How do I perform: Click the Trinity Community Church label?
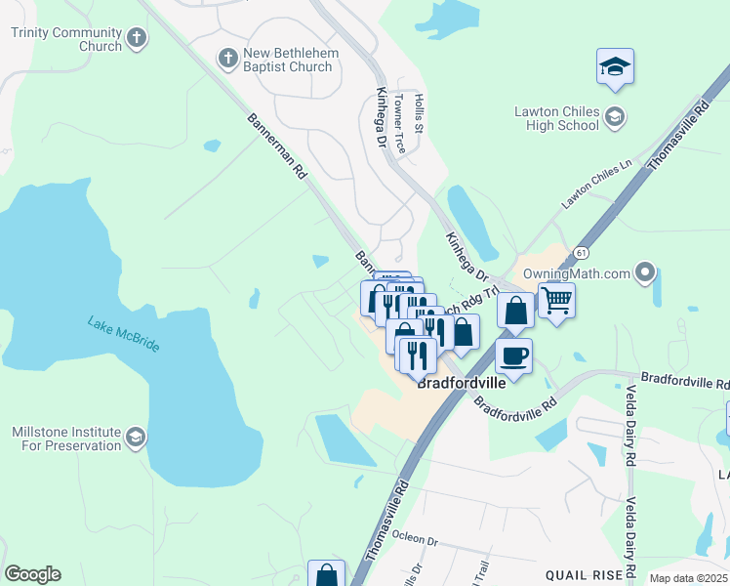point(66,38)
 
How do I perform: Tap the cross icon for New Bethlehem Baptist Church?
point(227,59)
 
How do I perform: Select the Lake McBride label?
point(123,335)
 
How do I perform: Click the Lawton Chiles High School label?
point(556,118)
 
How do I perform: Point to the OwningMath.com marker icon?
point(645,272)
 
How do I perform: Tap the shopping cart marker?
point(556,299)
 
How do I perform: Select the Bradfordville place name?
point(462,383)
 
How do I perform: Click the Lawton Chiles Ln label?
point(596,184)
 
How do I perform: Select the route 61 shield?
point(581,253)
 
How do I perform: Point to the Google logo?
point(32,574)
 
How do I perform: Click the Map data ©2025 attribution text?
point(689,578)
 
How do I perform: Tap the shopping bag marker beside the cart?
point(514,311)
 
